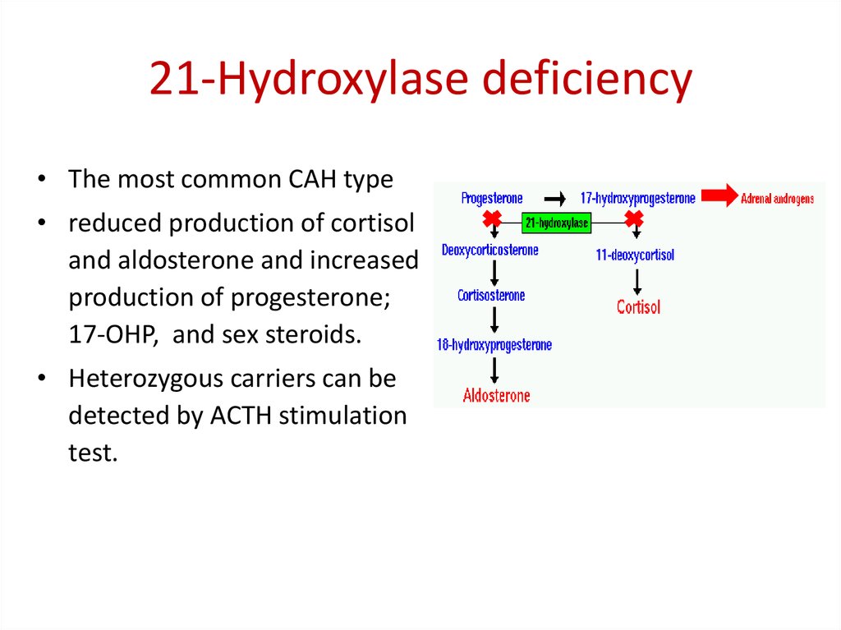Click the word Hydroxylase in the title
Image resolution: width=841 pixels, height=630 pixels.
pyautogui.click(x=343, y=80)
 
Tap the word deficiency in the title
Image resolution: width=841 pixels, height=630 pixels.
pyautogui.click(x=587, y=80)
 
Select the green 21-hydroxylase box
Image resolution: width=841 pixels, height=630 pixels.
pyautogui.click(x=556, y=223)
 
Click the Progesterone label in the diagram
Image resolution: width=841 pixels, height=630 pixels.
pyautogui.click(x=492, y=199)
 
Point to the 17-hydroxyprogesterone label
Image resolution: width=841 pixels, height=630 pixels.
pyautogui.click(x=637, y=199)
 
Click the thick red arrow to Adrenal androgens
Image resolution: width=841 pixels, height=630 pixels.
pyautogui.click(x=719, y=195)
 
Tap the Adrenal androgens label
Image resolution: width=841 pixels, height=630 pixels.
pyautogui.click(x=777, y=199)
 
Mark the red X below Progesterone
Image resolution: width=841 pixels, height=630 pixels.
pyautogui.click(x=492, y=219)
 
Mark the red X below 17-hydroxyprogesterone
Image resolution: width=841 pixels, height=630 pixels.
pyautogui.click(x=634, y=219)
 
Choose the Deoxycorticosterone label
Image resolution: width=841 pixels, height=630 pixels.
pyautogui.click(x=489, y=250)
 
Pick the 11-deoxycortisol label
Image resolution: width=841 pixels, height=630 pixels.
pyautogui.click(x=635, y=255)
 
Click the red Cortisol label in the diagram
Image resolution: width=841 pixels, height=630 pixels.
pyautogui.click(x=638, y=307)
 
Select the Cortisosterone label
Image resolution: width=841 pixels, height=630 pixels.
pyautogui.click(x=491, y=296)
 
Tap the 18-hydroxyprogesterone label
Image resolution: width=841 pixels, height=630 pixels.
pyautogui.click(x=494, y=345)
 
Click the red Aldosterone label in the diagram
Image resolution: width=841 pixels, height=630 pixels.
pyautogui.click(x=497, y=396)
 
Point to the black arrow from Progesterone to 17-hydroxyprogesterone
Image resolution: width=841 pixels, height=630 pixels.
pyautogui.click(x=554, y=199)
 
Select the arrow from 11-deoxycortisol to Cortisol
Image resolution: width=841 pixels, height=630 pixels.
pyautogui.click(x=636, y=283)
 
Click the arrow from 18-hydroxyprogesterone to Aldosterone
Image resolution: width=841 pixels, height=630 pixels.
pyautogui.click(x=494, y=370)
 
